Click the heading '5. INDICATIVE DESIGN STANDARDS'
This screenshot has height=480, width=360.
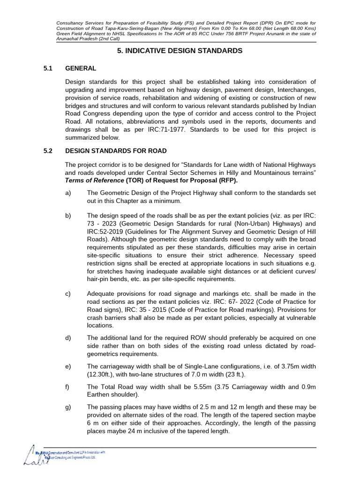pos(180,51)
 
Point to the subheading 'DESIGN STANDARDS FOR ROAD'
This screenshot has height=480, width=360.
pos(116,150)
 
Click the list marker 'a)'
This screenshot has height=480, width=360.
pos(68,193)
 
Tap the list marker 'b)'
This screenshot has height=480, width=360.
pos(68,216)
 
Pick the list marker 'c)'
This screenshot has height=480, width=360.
pos(68,294)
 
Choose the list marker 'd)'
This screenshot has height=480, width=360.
pos(68,338)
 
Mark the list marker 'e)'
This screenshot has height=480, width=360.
pos(68,368)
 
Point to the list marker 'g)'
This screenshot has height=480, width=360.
pos(68,407)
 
